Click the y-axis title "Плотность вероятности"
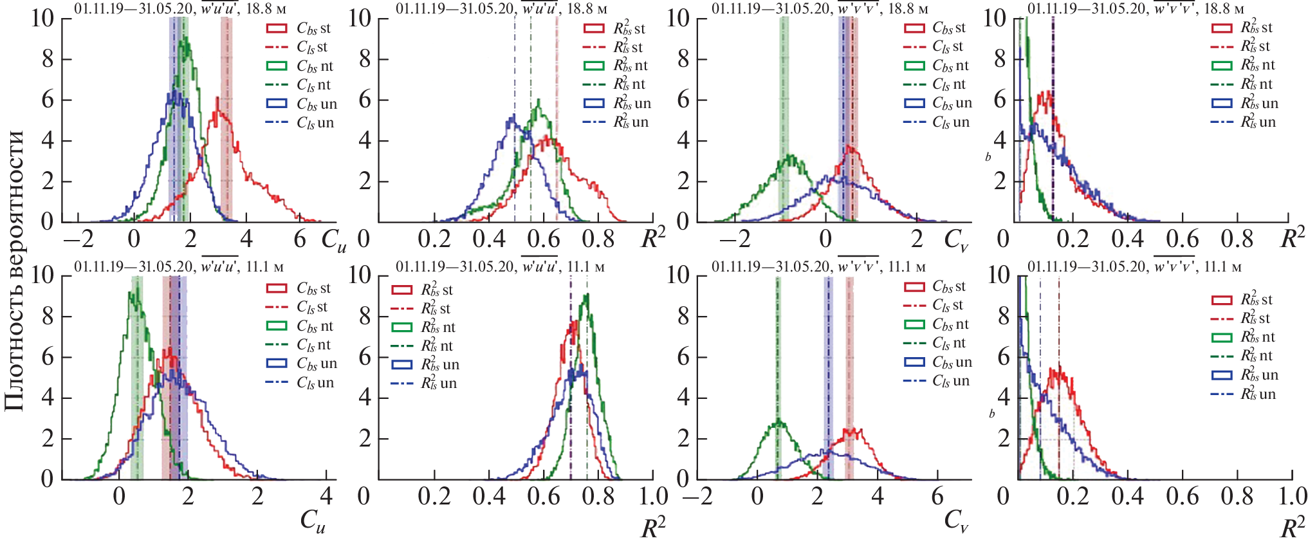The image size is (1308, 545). coord(14,270)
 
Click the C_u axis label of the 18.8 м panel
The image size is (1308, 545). coord(333,240)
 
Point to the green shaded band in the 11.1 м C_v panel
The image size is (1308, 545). coord(778,380)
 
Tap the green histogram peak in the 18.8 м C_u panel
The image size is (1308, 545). coord(185,39)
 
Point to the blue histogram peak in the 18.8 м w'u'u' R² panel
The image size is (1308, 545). coord(512,117)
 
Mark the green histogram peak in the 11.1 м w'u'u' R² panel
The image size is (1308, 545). coord(586,295)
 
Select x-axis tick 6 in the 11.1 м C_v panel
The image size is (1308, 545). coord(937,496)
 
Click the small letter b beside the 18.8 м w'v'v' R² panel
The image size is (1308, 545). coord(988,156)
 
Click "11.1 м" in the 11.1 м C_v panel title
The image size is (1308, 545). coord(907,266)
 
